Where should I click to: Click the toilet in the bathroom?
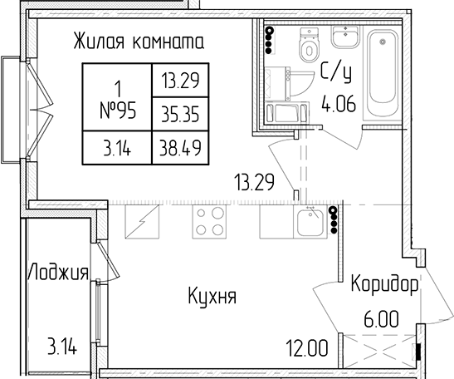click(x=310, y=45)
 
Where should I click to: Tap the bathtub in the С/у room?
click(x=382, y=75)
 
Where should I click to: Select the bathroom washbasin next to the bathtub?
click(x=345, y=37)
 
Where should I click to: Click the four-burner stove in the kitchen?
click(x=209, y=222)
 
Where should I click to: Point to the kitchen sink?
click(x=310, y=222)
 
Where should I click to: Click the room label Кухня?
click(x=212, y=296)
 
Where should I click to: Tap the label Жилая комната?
click(x=139, y=41)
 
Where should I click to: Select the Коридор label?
click(x=385, y=284)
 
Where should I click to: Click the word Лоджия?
click(x=58, y=272)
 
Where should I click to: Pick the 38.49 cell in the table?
click(x=180, y=147)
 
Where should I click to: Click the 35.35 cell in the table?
click(x=180, y=114)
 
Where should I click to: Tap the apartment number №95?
click(x=118, y=111)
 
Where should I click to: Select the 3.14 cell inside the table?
click(x=117, y=147)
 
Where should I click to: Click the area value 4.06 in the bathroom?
click(x=339, y=104)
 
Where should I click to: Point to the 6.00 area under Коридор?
click(x=381, y=318)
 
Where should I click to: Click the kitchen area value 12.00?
click(x=307, y=347)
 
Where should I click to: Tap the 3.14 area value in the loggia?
click(x=62, y=347)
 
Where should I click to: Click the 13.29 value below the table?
click(x=255, y=182)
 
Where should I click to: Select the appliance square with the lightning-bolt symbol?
click(x=142, y=222)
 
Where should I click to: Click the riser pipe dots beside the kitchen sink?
click(x=334, y=219)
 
